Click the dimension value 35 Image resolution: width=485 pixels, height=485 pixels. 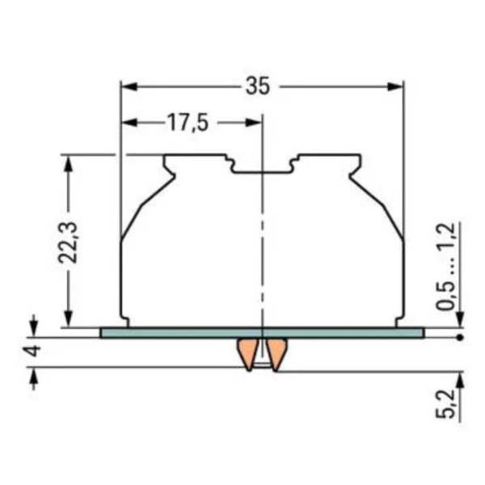257,86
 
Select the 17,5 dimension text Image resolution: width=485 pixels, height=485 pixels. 188,123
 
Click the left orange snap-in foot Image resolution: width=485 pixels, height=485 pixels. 245,353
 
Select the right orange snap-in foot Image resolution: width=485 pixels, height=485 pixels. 277,353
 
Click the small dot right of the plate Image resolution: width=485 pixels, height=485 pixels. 459,337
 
